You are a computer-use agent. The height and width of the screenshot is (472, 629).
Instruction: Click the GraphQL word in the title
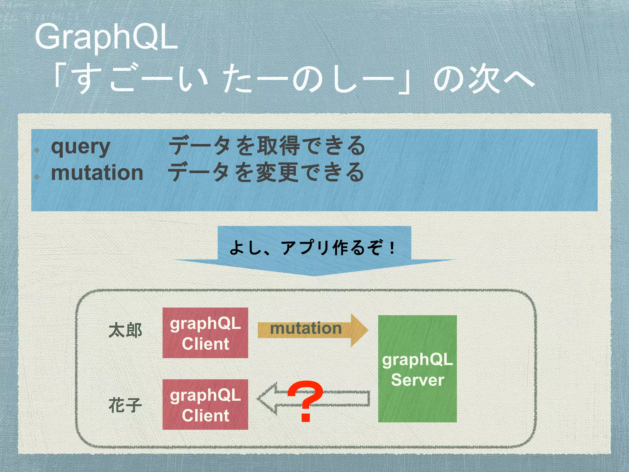[x=106, y=37]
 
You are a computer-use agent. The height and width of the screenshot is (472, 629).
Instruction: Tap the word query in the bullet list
[x=80, y=147]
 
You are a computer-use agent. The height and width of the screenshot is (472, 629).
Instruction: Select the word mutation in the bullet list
[x=97, y=173]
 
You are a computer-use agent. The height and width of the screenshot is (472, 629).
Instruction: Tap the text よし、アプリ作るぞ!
[x=313, y=248]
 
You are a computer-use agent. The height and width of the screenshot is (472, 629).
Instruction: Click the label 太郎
[x=125, y=331]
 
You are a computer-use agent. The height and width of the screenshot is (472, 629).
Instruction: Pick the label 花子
[x=125, y=405]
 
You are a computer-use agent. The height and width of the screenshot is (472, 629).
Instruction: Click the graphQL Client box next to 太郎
[x=205, y=333]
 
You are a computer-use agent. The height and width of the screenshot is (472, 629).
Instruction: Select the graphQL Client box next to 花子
[x=205, y=405]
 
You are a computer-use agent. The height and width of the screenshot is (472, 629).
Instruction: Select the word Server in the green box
[x=417, y=380]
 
